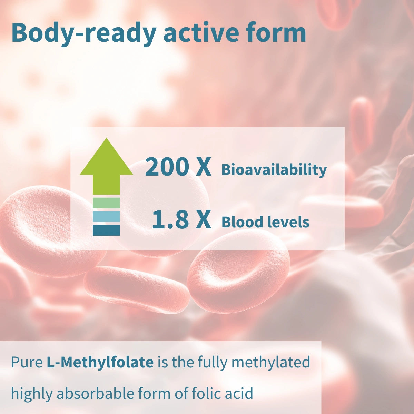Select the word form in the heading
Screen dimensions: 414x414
coord(276,33)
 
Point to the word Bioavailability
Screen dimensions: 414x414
coord(274,170)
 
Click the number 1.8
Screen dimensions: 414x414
coord(170,220)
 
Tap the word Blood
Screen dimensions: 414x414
coord(241,222)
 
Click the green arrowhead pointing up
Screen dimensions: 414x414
coord(106,159)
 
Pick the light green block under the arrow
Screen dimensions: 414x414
coord(106,203)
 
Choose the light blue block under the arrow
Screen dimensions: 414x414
coord(106,216)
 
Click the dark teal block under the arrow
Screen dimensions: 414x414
coord(106,230)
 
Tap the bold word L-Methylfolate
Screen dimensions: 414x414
coord(100,363)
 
